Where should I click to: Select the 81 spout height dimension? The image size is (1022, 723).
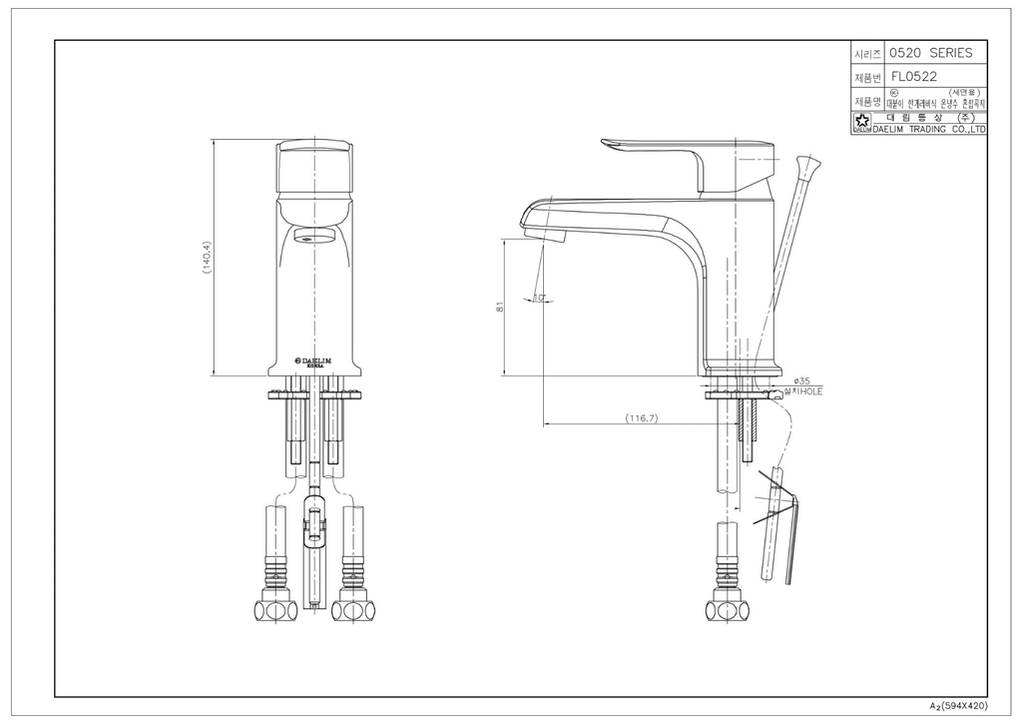click(499, 309)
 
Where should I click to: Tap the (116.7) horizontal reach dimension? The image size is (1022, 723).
click(642, 417)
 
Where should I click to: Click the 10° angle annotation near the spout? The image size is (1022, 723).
click(539, 297)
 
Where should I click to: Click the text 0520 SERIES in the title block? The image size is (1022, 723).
click(930, 53)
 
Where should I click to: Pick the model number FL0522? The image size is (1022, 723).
click(914, 76)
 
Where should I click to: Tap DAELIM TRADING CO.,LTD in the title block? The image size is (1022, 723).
click(929, 129)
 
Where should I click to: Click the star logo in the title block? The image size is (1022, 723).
click(860, 125)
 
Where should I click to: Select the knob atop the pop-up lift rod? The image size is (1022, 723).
click(809, 164)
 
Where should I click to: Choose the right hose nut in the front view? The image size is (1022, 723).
click(353, 608)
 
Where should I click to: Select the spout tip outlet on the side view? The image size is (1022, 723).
click(546, 236)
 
